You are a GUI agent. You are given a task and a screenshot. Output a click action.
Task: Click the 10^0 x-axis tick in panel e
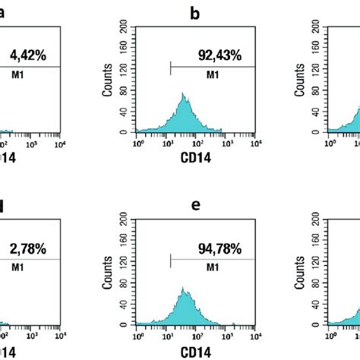(137, 333)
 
